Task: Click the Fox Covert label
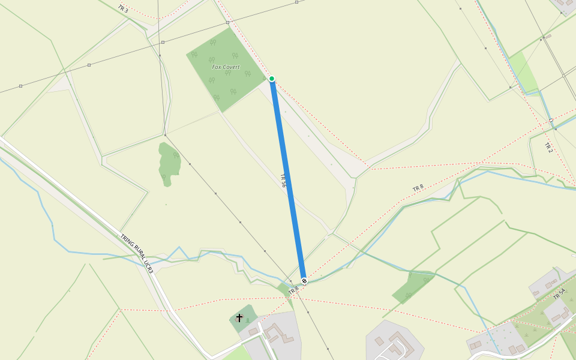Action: (226, 67)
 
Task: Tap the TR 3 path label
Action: (123, 9)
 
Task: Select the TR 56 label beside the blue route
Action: (283, 181)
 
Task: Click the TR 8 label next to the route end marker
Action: (293, 290)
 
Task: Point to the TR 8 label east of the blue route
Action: (418, 188)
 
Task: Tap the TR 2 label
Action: (548, 147)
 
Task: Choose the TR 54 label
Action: (559, 294)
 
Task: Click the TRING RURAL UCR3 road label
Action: (137, 254)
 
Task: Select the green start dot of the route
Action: (272, 79)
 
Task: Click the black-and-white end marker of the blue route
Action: (304, 281)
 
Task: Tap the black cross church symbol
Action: (239, 317)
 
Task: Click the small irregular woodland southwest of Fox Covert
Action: (169, 162)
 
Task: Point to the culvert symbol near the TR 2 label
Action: (551, 121)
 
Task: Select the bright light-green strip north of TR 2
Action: (523, 71)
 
